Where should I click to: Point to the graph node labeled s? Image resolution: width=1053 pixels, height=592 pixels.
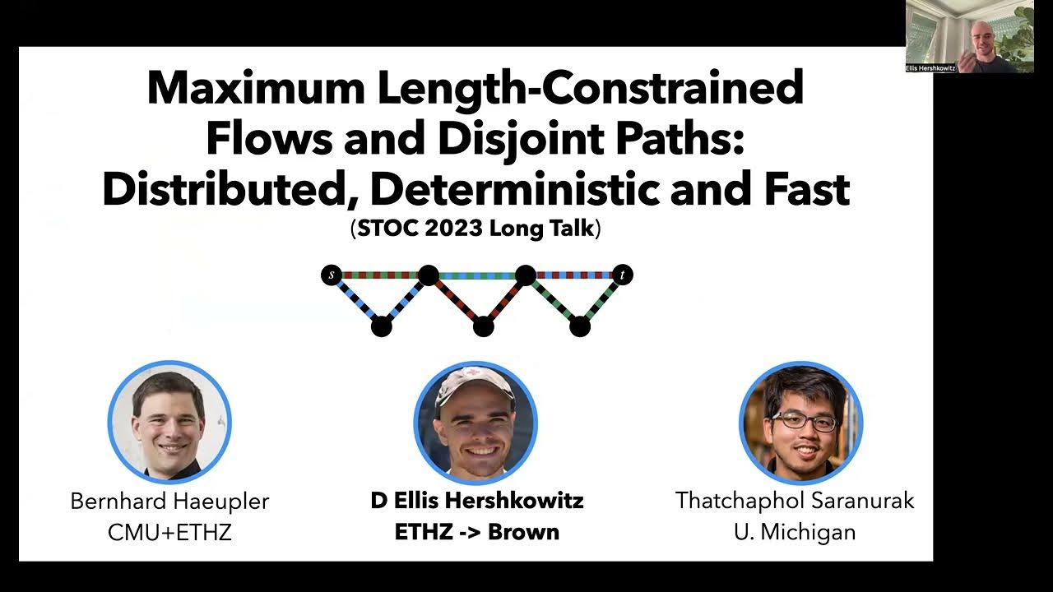pos(331,275)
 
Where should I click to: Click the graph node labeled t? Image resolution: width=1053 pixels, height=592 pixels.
pos(623,275)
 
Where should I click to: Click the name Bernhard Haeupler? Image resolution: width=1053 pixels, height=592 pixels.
pos(169,501)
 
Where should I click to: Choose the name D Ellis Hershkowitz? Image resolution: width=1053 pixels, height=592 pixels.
pos(477,501)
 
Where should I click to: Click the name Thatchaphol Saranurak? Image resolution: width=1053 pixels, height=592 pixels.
pos(795,501)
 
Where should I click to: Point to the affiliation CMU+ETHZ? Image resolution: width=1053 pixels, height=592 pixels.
pos(169,532)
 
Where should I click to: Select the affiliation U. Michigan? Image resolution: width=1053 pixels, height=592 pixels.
pos(795,532)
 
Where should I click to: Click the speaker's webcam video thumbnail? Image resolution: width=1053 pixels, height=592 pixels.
pos(970,36)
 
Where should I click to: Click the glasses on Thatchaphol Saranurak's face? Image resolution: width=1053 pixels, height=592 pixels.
pos(804,422)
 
